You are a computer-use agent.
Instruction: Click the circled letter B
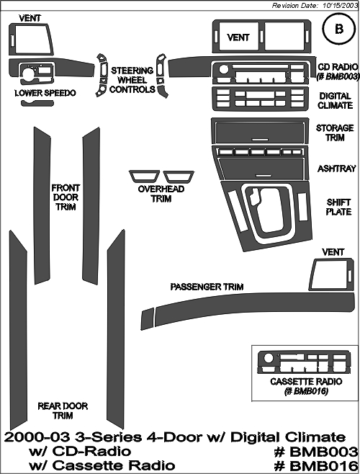tap(339, 29)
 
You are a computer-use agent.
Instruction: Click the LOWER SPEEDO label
tap(45, 93)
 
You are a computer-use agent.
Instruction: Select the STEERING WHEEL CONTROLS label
tap(132, 80)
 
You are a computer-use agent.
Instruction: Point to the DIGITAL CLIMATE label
tap(335, 101)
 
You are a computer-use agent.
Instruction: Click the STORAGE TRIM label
tap(335, 133)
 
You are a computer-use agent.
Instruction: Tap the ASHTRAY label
tap(337, 169)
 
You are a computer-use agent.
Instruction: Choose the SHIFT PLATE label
tap(338, 207)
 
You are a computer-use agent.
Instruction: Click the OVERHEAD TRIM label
tap(161, 194)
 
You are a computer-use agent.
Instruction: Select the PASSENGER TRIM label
tap(207, 287)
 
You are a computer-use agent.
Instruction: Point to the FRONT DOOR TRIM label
tap(66, 197)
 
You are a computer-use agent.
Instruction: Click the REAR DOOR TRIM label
tap(63, 411)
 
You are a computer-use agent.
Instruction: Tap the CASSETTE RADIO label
tap(306, 382)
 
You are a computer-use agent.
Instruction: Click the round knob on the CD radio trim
tap(224, 69)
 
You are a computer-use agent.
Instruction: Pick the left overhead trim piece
tap(145, 176)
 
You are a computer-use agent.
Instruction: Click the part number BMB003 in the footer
tap(315, 452)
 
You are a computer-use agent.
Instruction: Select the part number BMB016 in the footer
tap(315, 465)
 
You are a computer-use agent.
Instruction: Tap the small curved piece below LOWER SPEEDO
tap(35, 103)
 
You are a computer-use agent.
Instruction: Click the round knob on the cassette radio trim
tap(268, 358)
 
